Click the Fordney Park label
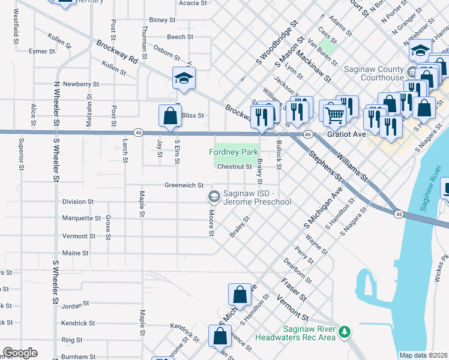(x=232, y=152)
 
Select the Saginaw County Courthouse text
(x=373, y=73)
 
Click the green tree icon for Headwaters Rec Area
(x=345, y=331)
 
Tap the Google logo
(x=20, y=353)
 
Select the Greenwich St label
(x=184, y=185)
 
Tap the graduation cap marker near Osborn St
(x=184, y=78)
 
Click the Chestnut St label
(x=234, y=167)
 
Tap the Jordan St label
(x=75, y=305)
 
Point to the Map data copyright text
(x=423, y=355)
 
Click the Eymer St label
(x=42, y=52)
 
